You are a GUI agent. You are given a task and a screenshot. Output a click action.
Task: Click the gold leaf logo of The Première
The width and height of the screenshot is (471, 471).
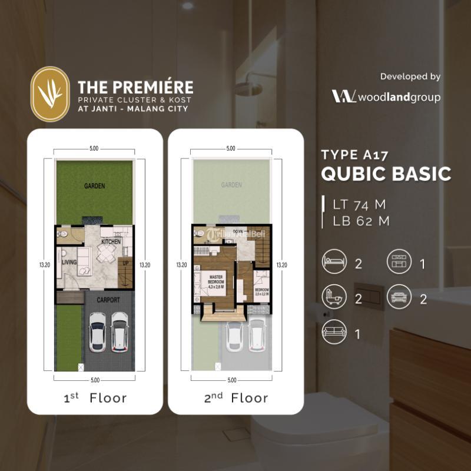tap(49, 94)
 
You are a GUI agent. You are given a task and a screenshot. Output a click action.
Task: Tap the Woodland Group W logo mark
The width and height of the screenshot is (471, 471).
tap(344, 97)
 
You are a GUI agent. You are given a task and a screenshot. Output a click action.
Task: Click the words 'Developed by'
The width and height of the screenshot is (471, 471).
tap(410, 77)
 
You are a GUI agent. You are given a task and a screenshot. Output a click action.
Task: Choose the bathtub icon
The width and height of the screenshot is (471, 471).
tap(334, 298)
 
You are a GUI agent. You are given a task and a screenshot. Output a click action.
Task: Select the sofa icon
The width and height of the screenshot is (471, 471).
tap(334, 334)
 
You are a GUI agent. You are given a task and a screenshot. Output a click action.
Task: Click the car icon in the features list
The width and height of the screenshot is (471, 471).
tap(399, 298)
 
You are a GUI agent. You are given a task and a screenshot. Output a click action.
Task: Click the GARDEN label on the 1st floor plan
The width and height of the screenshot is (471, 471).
tap(94, 186)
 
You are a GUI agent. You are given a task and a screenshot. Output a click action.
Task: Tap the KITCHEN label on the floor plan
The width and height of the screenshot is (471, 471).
tap(111, 242)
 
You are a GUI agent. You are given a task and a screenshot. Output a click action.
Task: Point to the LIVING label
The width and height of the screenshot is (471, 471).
tap(70, 263)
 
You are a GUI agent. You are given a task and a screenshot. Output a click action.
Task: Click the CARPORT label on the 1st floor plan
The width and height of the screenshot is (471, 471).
tap(109, 300)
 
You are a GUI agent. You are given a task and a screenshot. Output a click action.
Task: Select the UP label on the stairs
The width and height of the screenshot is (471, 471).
tap(125, 263)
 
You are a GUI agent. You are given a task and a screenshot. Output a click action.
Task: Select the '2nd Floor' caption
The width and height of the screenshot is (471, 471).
tap(235, 398)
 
